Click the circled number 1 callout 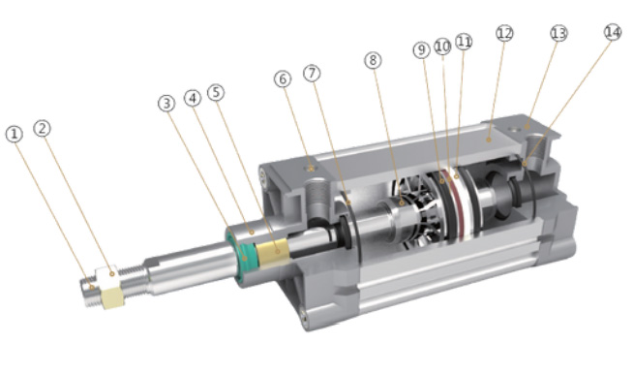pos(15,134)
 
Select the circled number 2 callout pos(42,129)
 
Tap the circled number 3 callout pos(166,104)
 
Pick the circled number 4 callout pos(193,98)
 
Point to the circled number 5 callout pos(216,93)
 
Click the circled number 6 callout pos(283,79)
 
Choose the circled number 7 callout pos(312,74)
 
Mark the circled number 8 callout pos(373,60)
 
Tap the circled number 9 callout pos(421,50)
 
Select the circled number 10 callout pos(442,47)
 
